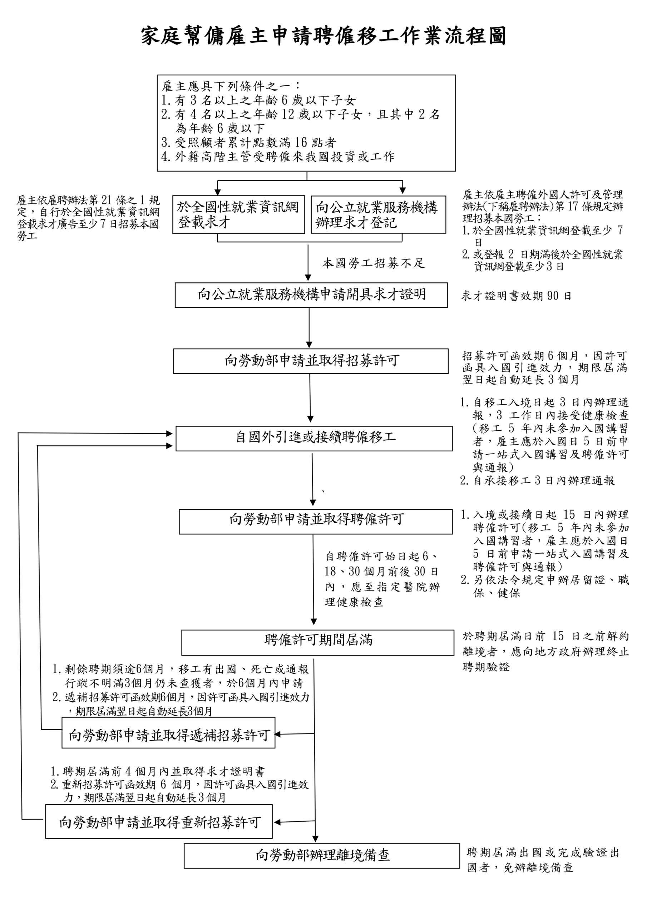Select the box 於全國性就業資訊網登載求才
238,214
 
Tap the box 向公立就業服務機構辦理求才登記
378,214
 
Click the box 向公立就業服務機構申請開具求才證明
311,295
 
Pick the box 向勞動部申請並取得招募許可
311,361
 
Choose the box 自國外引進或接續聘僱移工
314,438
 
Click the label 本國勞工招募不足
374,263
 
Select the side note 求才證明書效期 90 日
516,296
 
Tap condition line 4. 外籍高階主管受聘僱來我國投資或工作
278,157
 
